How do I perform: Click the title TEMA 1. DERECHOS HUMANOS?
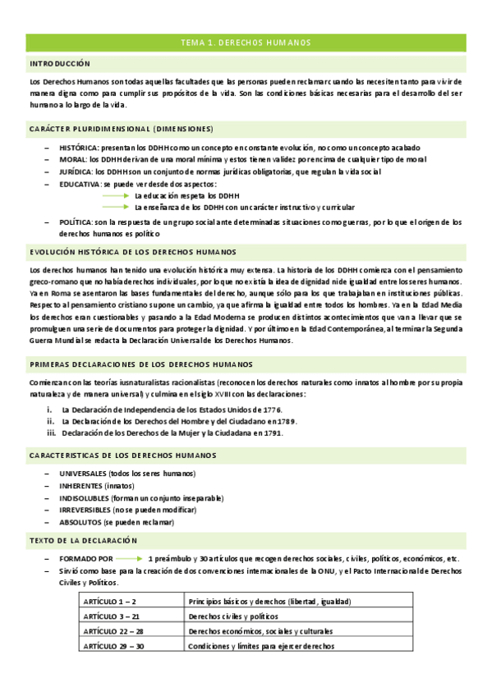pos(246,42)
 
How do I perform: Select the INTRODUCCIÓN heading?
pos(60,63)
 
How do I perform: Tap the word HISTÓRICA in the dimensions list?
pos(78,145)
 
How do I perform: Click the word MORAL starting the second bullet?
pos(72,158)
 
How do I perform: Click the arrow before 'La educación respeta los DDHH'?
pos(115,196)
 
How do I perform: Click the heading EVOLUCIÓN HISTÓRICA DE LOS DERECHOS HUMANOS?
pos(132,252)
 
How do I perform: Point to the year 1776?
pos(273,409)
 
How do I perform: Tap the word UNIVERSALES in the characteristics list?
pos(83,474)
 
